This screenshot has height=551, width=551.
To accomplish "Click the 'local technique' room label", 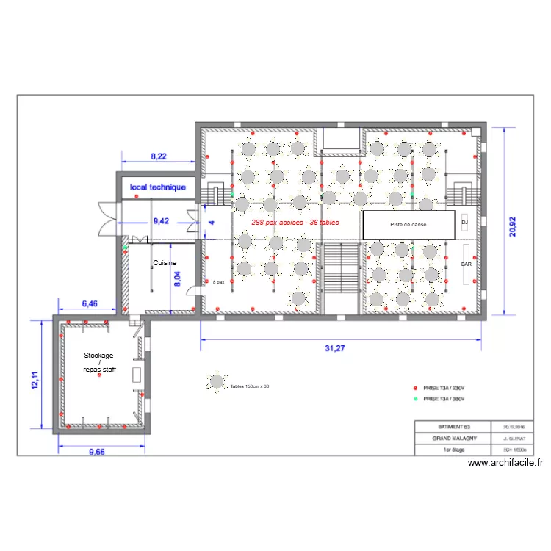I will pos(158,187).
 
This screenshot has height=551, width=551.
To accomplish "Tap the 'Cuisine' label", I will pos(164,262).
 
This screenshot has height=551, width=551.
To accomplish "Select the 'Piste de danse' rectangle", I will pos(408,224).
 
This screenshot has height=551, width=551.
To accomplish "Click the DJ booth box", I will pos(464,222).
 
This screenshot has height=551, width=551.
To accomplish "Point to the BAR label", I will pos(467,263).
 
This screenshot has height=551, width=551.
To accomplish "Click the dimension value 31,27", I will pos(334,348).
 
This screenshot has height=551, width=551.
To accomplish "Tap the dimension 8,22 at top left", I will pos(159,156).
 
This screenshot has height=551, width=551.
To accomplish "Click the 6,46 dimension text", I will pos(89,303).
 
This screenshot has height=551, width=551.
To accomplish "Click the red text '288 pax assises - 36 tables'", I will pos(295,222).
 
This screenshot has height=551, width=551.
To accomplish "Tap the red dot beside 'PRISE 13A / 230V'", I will pos(415,387).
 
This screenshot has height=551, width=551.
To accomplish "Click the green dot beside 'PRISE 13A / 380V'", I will pos(415,399).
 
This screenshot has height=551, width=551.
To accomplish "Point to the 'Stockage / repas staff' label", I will pos(99,362).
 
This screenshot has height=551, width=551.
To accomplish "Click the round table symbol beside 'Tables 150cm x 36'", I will pos(217,382).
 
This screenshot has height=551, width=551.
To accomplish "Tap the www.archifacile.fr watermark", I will pos(505,463).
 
